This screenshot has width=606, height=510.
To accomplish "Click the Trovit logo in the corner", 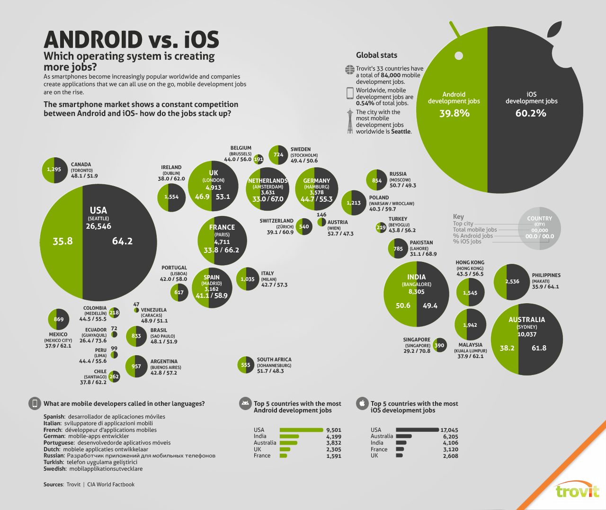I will coord(577,491).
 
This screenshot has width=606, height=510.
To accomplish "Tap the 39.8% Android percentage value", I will coord(454,113).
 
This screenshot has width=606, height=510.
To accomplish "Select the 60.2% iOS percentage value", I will coord(531,113).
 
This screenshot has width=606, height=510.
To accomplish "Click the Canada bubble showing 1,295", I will coord(54,170).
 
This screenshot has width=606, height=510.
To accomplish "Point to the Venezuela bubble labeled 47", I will coord(136,310).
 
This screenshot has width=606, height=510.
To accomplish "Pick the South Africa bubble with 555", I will coord(246,365).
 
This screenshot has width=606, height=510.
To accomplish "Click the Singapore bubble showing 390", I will coord(440,345).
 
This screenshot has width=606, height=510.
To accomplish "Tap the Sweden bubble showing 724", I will coord(278,155).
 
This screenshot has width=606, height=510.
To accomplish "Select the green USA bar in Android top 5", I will coord(301,430).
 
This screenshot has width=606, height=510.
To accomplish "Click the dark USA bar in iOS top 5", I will coord(417,430).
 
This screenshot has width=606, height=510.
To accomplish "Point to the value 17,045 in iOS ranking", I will coord(449,430).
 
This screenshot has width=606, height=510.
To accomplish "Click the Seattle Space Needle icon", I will coord(350,122).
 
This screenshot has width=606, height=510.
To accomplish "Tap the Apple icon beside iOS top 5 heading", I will coord(362,403).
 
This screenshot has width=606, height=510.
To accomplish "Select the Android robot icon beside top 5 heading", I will coord(245,403).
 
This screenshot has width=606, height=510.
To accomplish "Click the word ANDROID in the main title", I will coord(93,40).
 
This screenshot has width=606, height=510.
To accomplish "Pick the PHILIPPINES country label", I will coord(546,275).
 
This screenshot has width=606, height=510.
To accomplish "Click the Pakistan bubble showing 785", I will coord(398,249).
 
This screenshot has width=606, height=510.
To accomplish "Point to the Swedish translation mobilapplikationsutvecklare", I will coord(106,469).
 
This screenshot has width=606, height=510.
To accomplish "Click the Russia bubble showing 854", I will coord(377,180).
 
